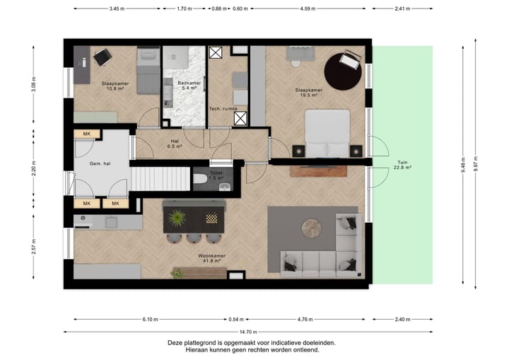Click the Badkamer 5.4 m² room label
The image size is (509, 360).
coord(189,86)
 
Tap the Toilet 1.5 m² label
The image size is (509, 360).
coord(216,175)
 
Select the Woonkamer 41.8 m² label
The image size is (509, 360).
coord(211,258)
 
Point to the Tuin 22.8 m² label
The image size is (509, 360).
coord(402,165)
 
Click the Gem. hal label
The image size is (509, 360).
coord(100,164)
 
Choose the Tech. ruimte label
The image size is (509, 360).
coord(223,109)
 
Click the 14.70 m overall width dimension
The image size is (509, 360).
coord(248,332)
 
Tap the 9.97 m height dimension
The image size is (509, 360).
coord(475,164)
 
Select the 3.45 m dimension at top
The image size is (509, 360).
coord(117,8)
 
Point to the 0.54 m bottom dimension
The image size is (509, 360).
coord(236,320)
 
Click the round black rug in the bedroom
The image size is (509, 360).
coord(342,71)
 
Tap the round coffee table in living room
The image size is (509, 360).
coord(312,228)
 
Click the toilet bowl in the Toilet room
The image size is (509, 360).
coord(201,179)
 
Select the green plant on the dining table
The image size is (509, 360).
coord(177,218)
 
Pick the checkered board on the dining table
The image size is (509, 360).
coord(211,219)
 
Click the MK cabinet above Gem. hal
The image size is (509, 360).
coord(87,134)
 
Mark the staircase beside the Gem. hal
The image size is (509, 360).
coord(160,179)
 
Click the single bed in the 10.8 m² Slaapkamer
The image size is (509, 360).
coord(148,71)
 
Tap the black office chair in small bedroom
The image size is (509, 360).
coord(103,57)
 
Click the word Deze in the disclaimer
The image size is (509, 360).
coord(175,343)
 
